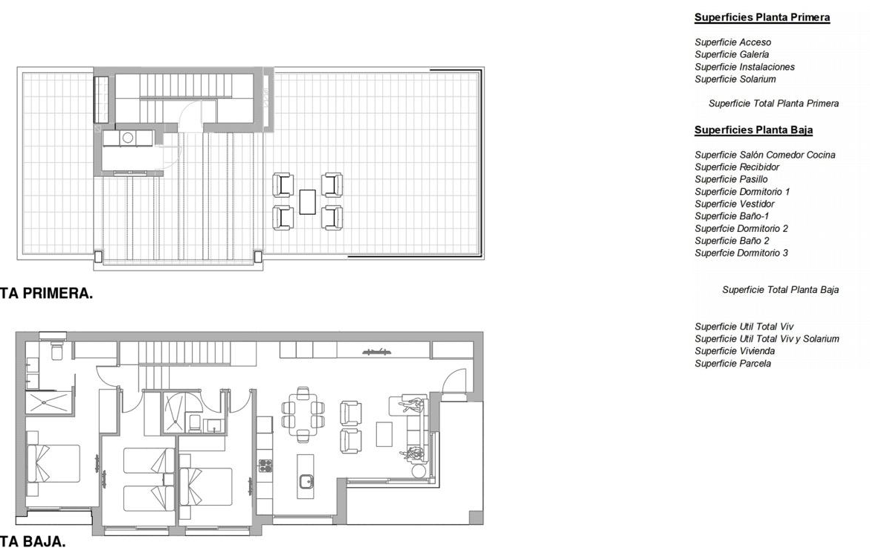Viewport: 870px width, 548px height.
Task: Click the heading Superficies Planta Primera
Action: (x=761, y=17)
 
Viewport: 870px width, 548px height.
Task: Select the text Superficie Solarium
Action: (x=735, y=79)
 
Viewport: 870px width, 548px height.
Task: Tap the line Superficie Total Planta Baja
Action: (x=780, y=289)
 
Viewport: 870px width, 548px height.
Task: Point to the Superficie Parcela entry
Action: (x=732, y=364)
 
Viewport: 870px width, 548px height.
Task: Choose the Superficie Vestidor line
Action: (x=734, y=204)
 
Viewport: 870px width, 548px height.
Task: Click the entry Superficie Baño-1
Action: (x=731, y=216)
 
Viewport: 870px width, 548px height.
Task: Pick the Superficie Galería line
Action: (x=731, y=54)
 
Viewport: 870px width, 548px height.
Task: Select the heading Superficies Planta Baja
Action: (x=753, y=130)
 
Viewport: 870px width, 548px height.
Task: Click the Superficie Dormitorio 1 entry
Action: (x=742, y=191)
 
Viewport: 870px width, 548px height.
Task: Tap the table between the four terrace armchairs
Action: (x=307, y=202)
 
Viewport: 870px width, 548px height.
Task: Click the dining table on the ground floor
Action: (x=303, y=414)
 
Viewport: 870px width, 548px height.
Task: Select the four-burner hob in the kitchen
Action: (x=265, y=465)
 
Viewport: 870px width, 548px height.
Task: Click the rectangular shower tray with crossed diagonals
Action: (x=49, y=402)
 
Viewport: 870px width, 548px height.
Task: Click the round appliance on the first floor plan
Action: (x=128, y=138)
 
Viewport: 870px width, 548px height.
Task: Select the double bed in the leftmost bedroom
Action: (x=54, y=463)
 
